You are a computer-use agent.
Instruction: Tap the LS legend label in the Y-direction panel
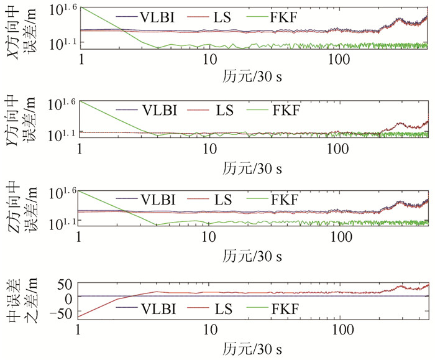tap(222, 112)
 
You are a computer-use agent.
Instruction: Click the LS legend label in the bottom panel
tap(221, 308)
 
